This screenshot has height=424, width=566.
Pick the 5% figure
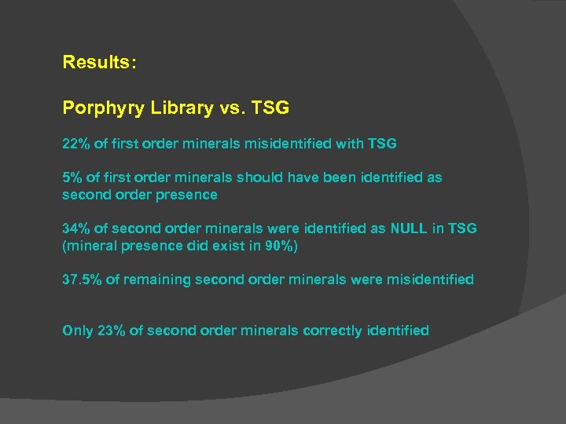(72, 177)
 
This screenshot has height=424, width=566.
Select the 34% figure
(75, 228)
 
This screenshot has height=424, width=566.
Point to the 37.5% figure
(81, 280)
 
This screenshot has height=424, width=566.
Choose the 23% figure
(111, 331)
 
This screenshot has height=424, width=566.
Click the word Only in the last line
(77, 331)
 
